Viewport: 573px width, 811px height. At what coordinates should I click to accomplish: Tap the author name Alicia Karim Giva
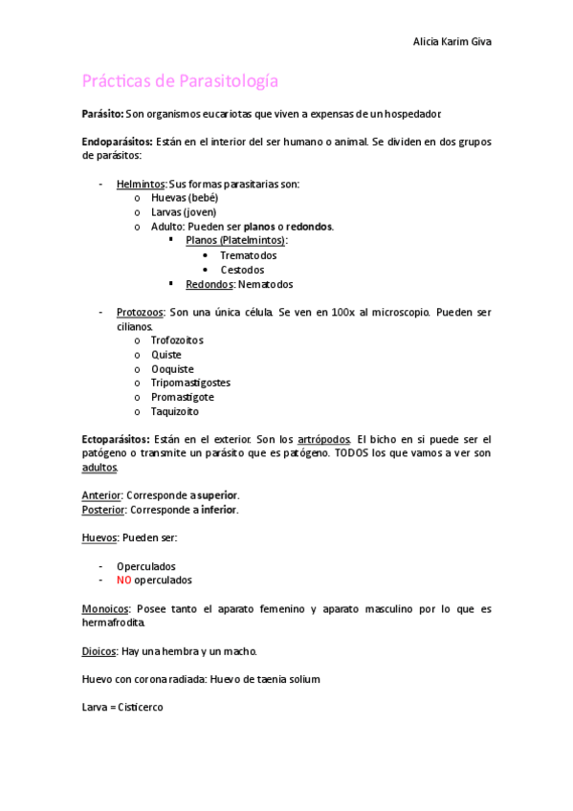point(452,42)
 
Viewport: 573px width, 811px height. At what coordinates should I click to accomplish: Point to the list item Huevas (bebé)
point(185,198)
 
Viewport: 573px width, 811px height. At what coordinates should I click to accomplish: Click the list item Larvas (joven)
point(184,212)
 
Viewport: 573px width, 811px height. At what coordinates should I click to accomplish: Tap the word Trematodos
point(248,255)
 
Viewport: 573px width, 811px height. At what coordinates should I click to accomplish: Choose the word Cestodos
point(242,270)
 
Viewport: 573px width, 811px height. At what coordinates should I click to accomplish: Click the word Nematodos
point(266,284)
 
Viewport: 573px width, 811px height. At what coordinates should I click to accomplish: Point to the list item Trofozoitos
point(177,340)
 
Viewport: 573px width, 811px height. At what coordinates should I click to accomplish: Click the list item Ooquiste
point(172,369)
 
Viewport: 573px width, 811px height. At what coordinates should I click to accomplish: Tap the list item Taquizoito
point(175,411)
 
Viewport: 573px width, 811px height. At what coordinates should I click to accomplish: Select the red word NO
point(123,581)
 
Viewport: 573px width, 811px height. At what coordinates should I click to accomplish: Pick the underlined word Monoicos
point(106,609)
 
